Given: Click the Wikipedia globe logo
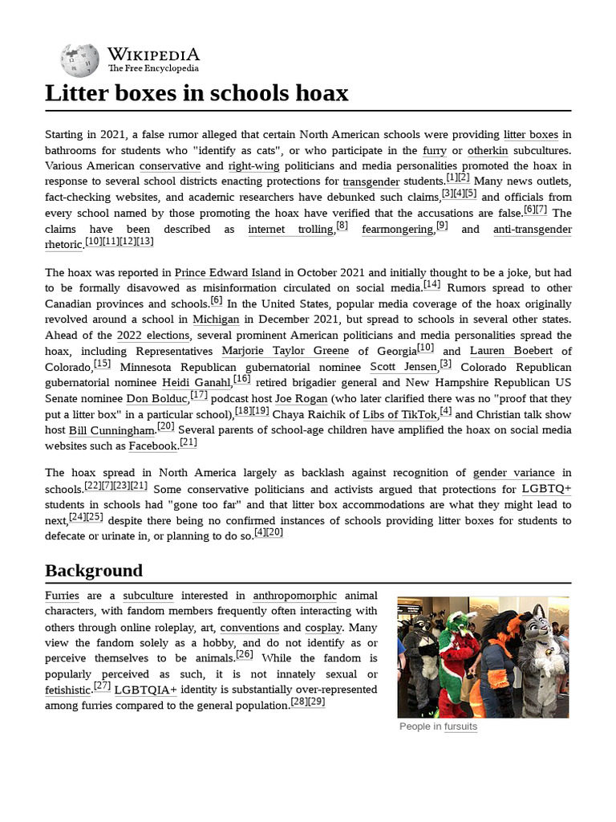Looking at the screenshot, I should pyautogui.click(x=80, y=59).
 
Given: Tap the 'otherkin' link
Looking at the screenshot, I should pyautogui.click(x=487, y=150).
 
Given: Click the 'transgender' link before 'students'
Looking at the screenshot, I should pyautogui.click(x=371, y=181).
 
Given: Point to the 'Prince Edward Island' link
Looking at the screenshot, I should pyautogui.click(x=228, y=272).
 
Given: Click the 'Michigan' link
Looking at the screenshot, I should pyautogui.click(x=217, y=319).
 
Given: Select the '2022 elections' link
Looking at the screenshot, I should pyautogui.click(x=153, y=335).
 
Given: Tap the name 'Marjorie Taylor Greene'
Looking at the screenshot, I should pyautogui.click(x=285, y=351).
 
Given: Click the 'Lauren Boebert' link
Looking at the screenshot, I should pyautogui.click(x=511, y=351).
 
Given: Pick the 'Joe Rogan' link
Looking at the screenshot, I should pyautogui.click(x=301, y=398).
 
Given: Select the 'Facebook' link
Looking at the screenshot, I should pyautogui.click(x=152, y=446).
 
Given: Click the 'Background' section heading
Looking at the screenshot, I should pyautogui.click(x=94, y=571).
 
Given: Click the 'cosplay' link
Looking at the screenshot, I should pyautogui.click(x=323, y=627).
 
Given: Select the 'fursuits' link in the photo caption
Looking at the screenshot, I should pyautogui.click(x=460, y=726).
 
